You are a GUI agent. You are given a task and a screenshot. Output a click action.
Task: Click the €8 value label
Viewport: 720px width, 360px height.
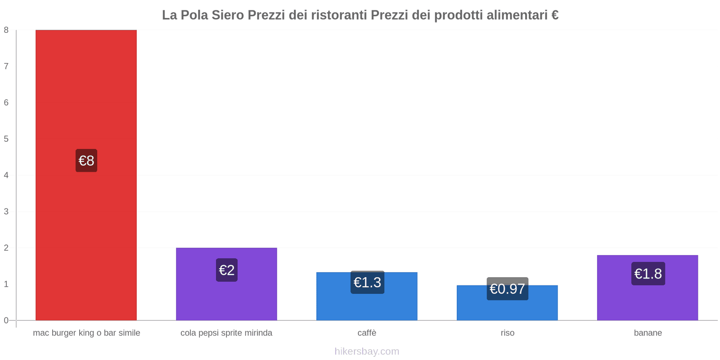(86, 161)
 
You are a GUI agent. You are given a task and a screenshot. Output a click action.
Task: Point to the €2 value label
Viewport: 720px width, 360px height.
(226, 270)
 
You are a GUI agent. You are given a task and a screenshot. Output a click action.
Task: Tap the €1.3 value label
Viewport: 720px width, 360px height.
(367, 282)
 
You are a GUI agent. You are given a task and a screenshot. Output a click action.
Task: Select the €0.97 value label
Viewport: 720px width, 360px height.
(507, 289)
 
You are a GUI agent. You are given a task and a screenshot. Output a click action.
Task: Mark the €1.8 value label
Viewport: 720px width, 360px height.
(648, 274)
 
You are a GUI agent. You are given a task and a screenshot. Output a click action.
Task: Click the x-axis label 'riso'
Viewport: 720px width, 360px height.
(507, 333)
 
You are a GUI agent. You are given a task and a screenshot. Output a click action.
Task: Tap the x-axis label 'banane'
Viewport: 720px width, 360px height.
(648, 333)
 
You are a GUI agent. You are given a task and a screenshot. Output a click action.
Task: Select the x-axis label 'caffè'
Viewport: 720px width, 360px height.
(367, 333)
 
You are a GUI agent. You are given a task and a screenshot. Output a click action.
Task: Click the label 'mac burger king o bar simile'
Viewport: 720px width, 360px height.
(86, 333)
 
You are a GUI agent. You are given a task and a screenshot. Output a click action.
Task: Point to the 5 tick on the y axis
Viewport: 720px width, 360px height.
(6, 139)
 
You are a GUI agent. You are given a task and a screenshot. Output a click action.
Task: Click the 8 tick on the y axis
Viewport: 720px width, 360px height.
(6, 30)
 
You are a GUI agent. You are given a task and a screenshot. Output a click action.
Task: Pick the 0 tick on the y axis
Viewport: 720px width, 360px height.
(6, 320)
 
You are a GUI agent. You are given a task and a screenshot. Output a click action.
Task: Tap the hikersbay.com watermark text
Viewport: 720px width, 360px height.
(367, 351)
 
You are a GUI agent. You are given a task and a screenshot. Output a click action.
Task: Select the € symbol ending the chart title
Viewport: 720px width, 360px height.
(555, 15)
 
